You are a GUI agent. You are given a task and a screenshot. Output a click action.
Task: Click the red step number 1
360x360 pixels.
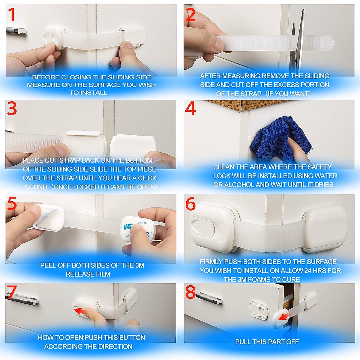coord(11,15)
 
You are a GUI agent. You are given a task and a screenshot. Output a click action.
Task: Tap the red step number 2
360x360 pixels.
coord(190,15)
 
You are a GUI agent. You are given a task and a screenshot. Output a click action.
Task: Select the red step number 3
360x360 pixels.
coord(12,109)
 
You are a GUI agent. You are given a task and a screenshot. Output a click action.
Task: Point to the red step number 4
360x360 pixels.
coord(190,109)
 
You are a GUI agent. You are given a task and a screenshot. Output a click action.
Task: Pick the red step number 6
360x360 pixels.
coord(190,204)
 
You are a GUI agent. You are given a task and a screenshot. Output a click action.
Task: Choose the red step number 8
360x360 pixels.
coord(190,292)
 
